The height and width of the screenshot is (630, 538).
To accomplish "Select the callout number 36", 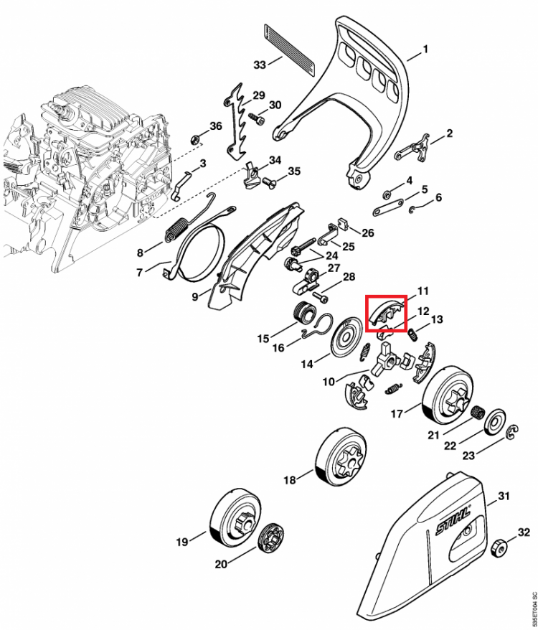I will tap(215, 126).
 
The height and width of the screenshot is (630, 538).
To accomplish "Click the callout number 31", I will tap(504, 496).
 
